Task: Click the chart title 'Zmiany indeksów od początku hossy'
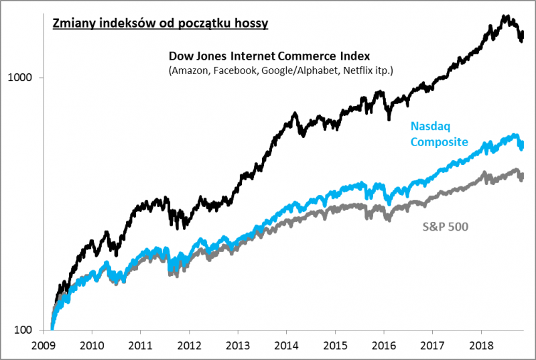[160, 24]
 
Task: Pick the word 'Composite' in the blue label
[438, 141]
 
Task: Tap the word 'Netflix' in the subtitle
[358, 70]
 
